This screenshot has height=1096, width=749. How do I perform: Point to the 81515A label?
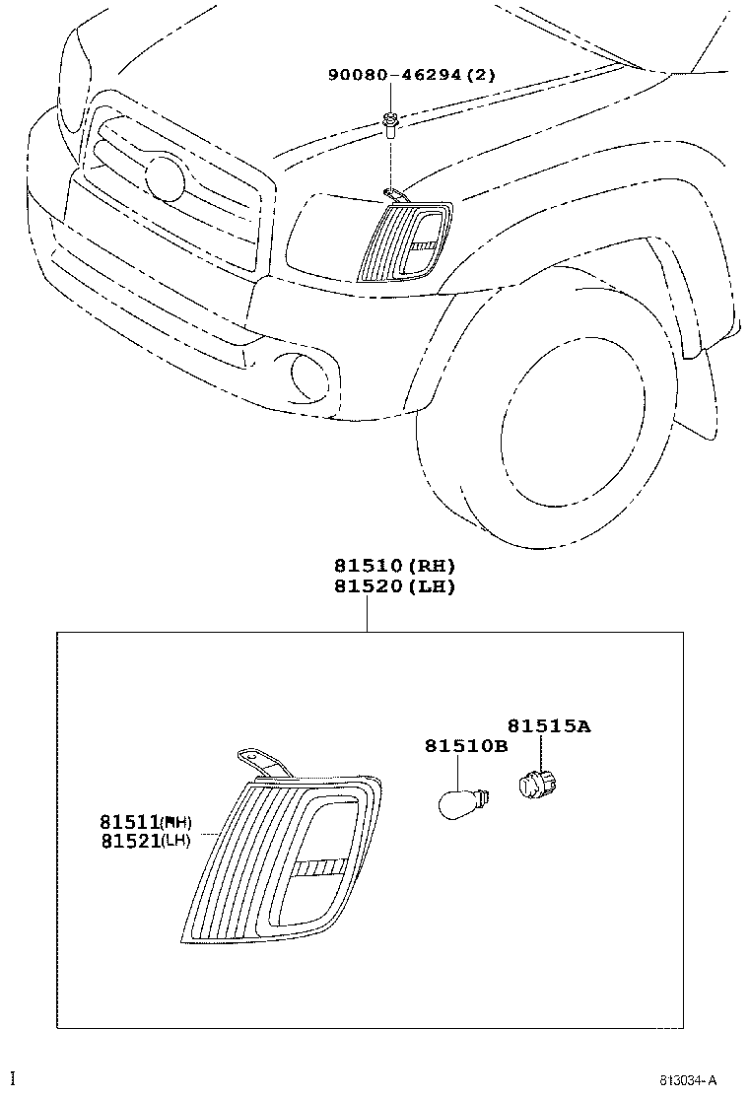click(549, 726)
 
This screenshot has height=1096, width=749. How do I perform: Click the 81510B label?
click(466, 746)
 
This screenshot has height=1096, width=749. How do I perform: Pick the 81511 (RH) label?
click(145, 821)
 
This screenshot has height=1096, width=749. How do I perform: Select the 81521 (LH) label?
click(145, 841)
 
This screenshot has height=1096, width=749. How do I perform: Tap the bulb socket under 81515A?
click(535, 786)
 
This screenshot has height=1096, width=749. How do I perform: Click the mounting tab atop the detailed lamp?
click(261, 764)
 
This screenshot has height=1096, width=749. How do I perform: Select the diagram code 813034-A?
click(689, 1081)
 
